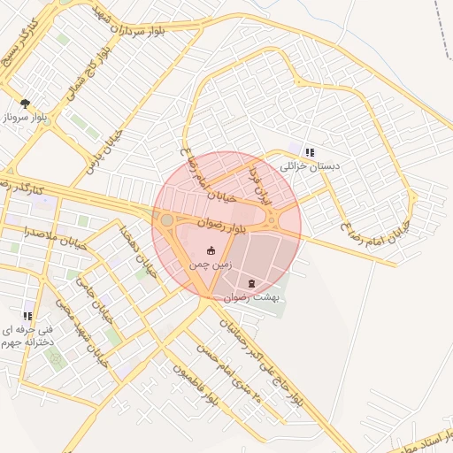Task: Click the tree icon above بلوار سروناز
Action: coord(25,104)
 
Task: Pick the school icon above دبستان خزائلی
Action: coord(309,152)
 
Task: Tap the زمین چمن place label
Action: coord(211,264)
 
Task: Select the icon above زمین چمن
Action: coord(211,251)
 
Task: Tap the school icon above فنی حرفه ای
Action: coord(27,315)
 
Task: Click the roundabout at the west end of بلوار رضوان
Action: coord(166,219)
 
